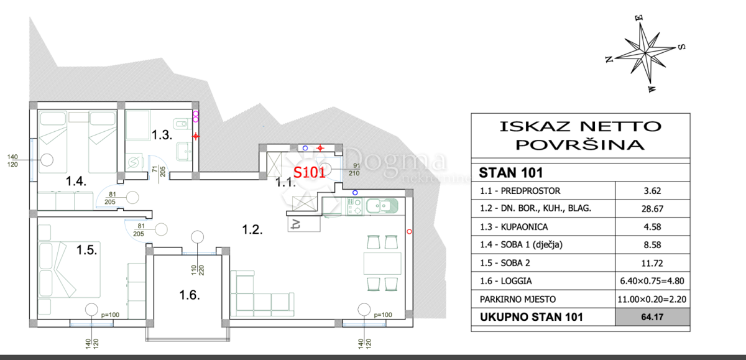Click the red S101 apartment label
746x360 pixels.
click(309, 172)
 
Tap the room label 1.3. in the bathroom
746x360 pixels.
click(162, 135)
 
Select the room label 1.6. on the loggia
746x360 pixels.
click(190, 295)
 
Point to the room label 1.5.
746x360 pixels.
click(86, 250)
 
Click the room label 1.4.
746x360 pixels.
click(76, 181)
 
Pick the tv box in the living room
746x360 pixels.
click(304, 224)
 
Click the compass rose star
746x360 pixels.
click(645, 53)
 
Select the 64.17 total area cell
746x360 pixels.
click(652, 316)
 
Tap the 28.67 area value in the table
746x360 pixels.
click(652, 209)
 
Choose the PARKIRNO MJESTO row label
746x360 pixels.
click(517, 300)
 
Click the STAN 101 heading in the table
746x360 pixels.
click(510, 173)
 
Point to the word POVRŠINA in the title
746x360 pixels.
click(580, 145)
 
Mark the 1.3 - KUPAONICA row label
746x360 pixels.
click(513, 227)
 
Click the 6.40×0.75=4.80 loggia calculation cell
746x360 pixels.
click(652, 281)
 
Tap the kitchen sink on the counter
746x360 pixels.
click(382, 206)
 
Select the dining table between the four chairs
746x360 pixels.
click(382, 264)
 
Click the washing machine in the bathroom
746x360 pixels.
click(134, 162)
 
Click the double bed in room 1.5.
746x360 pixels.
click(69, 270)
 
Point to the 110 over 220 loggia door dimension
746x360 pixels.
click(198, 270)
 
